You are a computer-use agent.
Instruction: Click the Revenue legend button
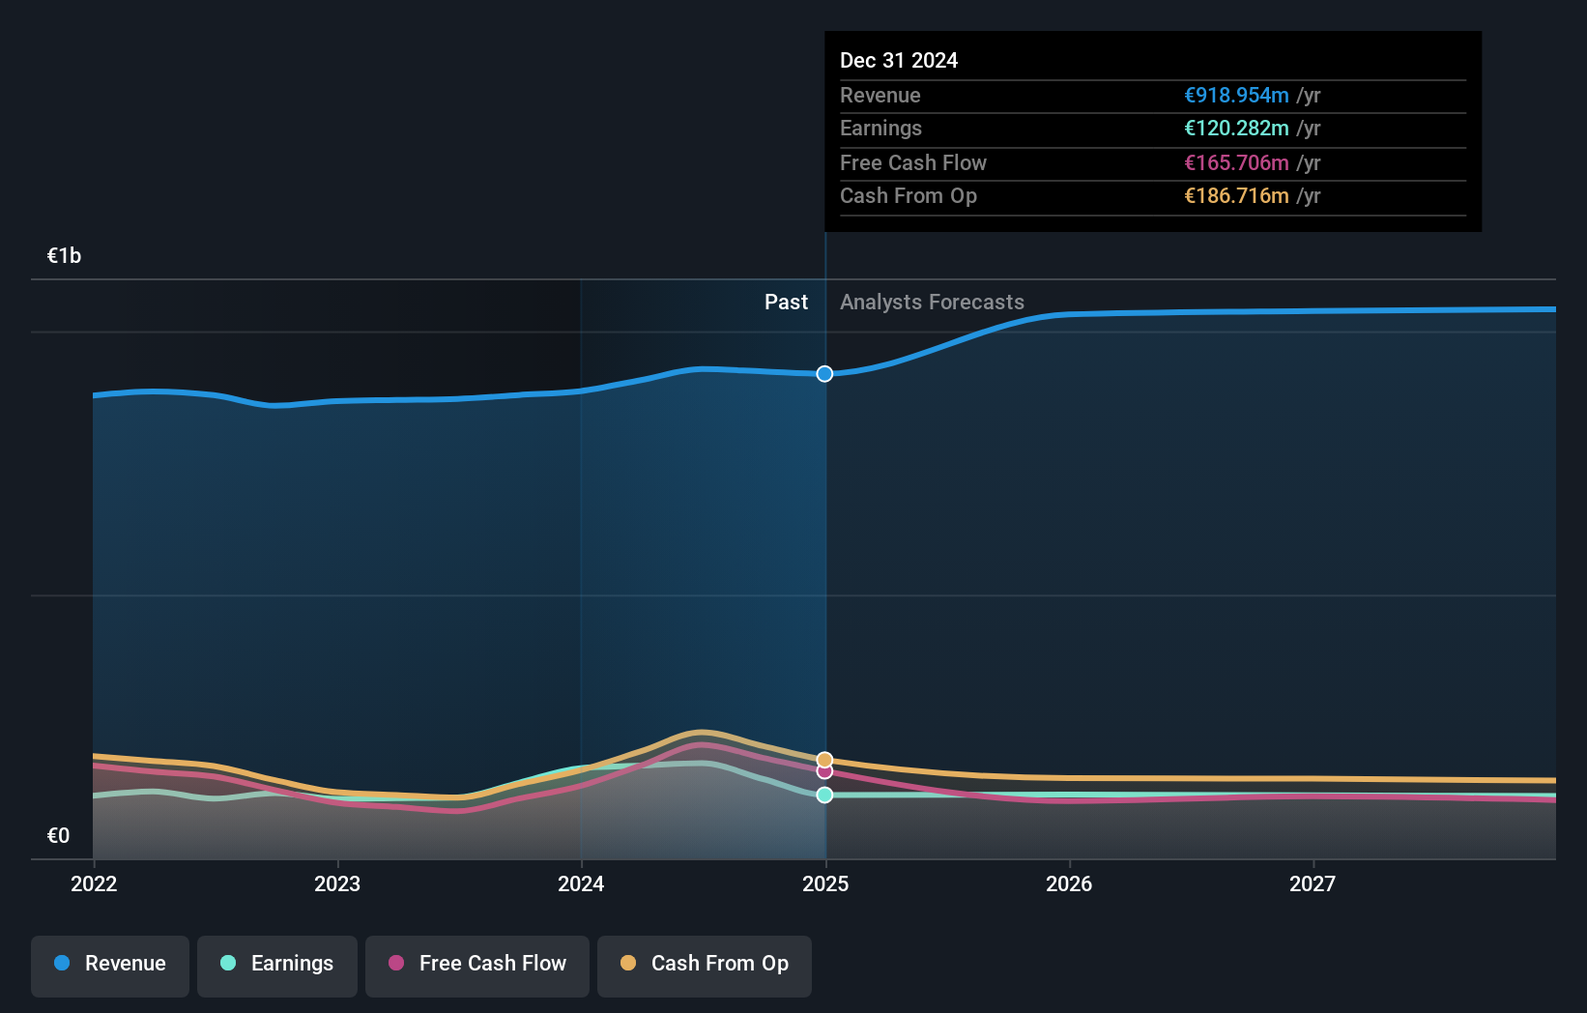110,964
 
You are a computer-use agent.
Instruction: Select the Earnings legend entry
277,964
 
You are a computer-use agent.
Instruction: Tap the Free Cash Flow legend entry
477,964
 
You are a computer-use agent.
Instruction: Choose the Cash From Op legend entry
705,964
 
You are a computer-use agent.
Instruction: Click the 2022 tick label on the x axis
94,883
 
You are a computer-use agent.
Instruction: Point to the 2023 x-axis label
337,883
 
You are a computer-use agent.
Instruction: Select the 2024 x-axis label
581,883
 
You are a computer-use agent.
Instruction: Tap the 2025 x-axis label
825,883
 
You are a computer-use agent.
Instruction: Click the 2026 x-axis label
1069,883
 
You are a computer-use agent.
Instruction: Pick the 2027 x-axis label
1313,883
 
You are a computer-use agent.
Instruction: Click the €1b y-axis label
64,256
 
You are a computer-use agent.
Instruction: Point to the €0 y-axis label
58,836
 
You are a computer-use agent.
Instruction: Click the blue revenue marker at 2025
824,374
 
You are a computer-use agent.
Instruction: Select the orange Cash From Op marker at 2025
824,760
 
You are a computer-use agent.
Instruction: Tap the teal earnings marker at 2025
824,795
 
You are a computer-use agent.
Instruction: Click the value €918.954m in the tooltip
1236,96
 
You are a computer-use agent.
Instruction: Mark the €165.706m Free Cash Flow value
1236,163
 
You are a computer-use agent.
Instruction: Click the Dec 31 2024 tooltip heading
899,61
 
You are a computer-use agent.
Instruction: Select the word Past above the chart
786,303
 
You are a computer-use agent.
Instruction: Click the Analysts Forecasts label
932,303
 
